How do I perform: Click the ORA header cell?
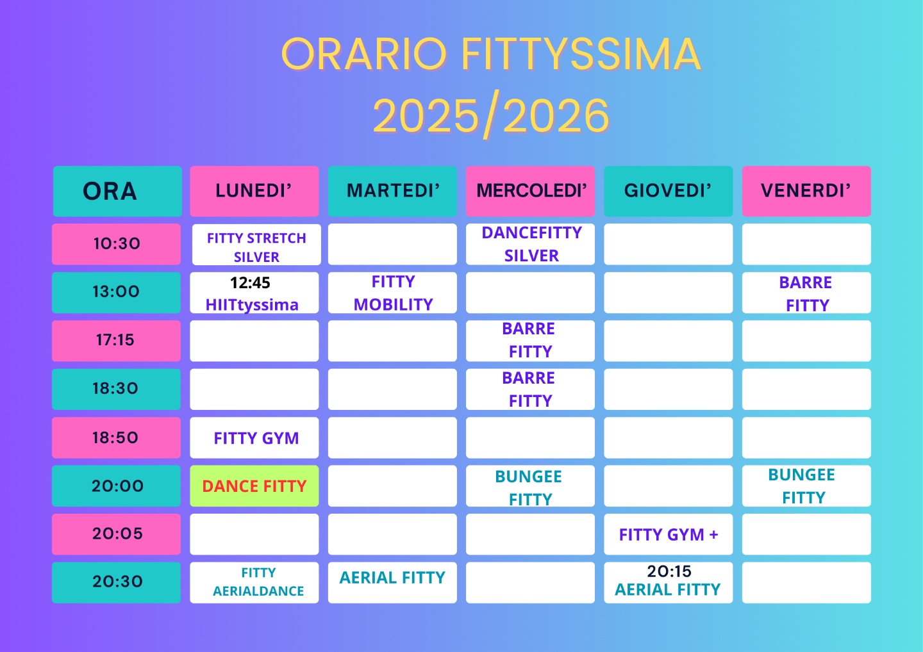coord(117,191)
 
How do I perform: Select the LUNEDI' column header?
coord(254,191)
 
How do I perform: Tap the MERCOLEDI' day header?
coord(530,191)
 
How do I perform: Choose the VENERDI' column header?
coord(806,191)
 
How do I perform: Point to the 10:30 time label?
coord(116,244)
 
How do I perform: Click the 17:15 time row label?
coord(116,341)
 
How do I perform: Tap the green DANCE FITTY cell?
coord(254,485)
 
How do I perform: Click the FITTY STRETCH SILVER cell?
coord(256,244)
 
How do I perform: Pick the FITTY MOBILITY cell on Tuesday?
coord(392,293)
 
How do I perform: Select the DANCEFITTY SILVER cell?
coord(530,244)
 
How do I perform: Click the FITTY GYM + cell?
coord(669,534)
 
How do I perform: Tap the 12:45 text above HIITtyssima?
coord(250,283)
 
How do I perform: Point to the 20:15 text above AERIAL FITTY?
coord(669,571)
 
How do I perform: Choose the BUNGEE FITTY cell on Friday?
coord(806,485)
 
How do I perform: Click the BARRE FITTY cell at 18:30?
coord(530,389)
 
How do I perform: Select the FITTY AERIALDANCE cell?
coord(254,582)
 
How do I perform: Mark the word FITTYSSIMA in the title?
coord(581,54)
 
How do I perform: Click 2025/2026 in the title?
coord(491,115)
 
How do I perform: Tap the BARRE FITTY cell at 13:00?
coord(806,293)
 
